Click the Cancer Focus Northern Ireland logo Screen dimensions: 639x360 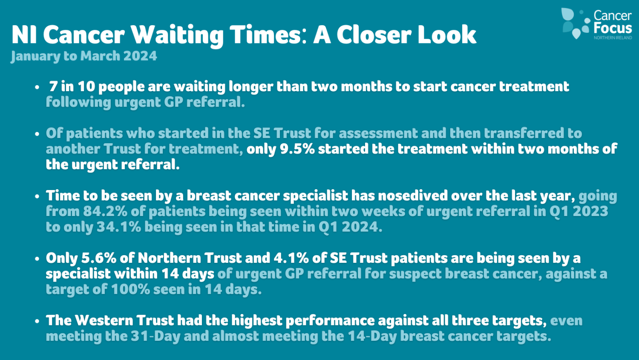pos(596,24)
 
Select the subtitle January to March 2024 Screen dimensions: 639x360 pos(84,56)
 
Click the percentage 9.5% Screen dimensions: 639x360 pos(297,149)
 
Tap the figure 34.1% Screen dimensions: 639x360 pos(119,227)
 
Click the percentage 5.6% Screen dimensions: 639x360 pos(99,258)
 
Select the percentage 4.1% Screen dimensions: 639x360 pos(291,258)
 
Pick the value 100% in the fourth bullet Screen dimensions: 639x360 pos(130,290)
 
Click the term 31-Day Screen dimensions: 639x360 pos(156,337)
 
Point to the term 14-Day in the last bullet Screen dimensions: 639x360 pos(372,337)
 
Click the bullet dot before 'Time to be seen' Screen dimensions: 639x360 pos(37,196)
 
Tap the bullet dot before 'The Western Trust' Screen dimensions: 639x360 pos(37,321)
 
